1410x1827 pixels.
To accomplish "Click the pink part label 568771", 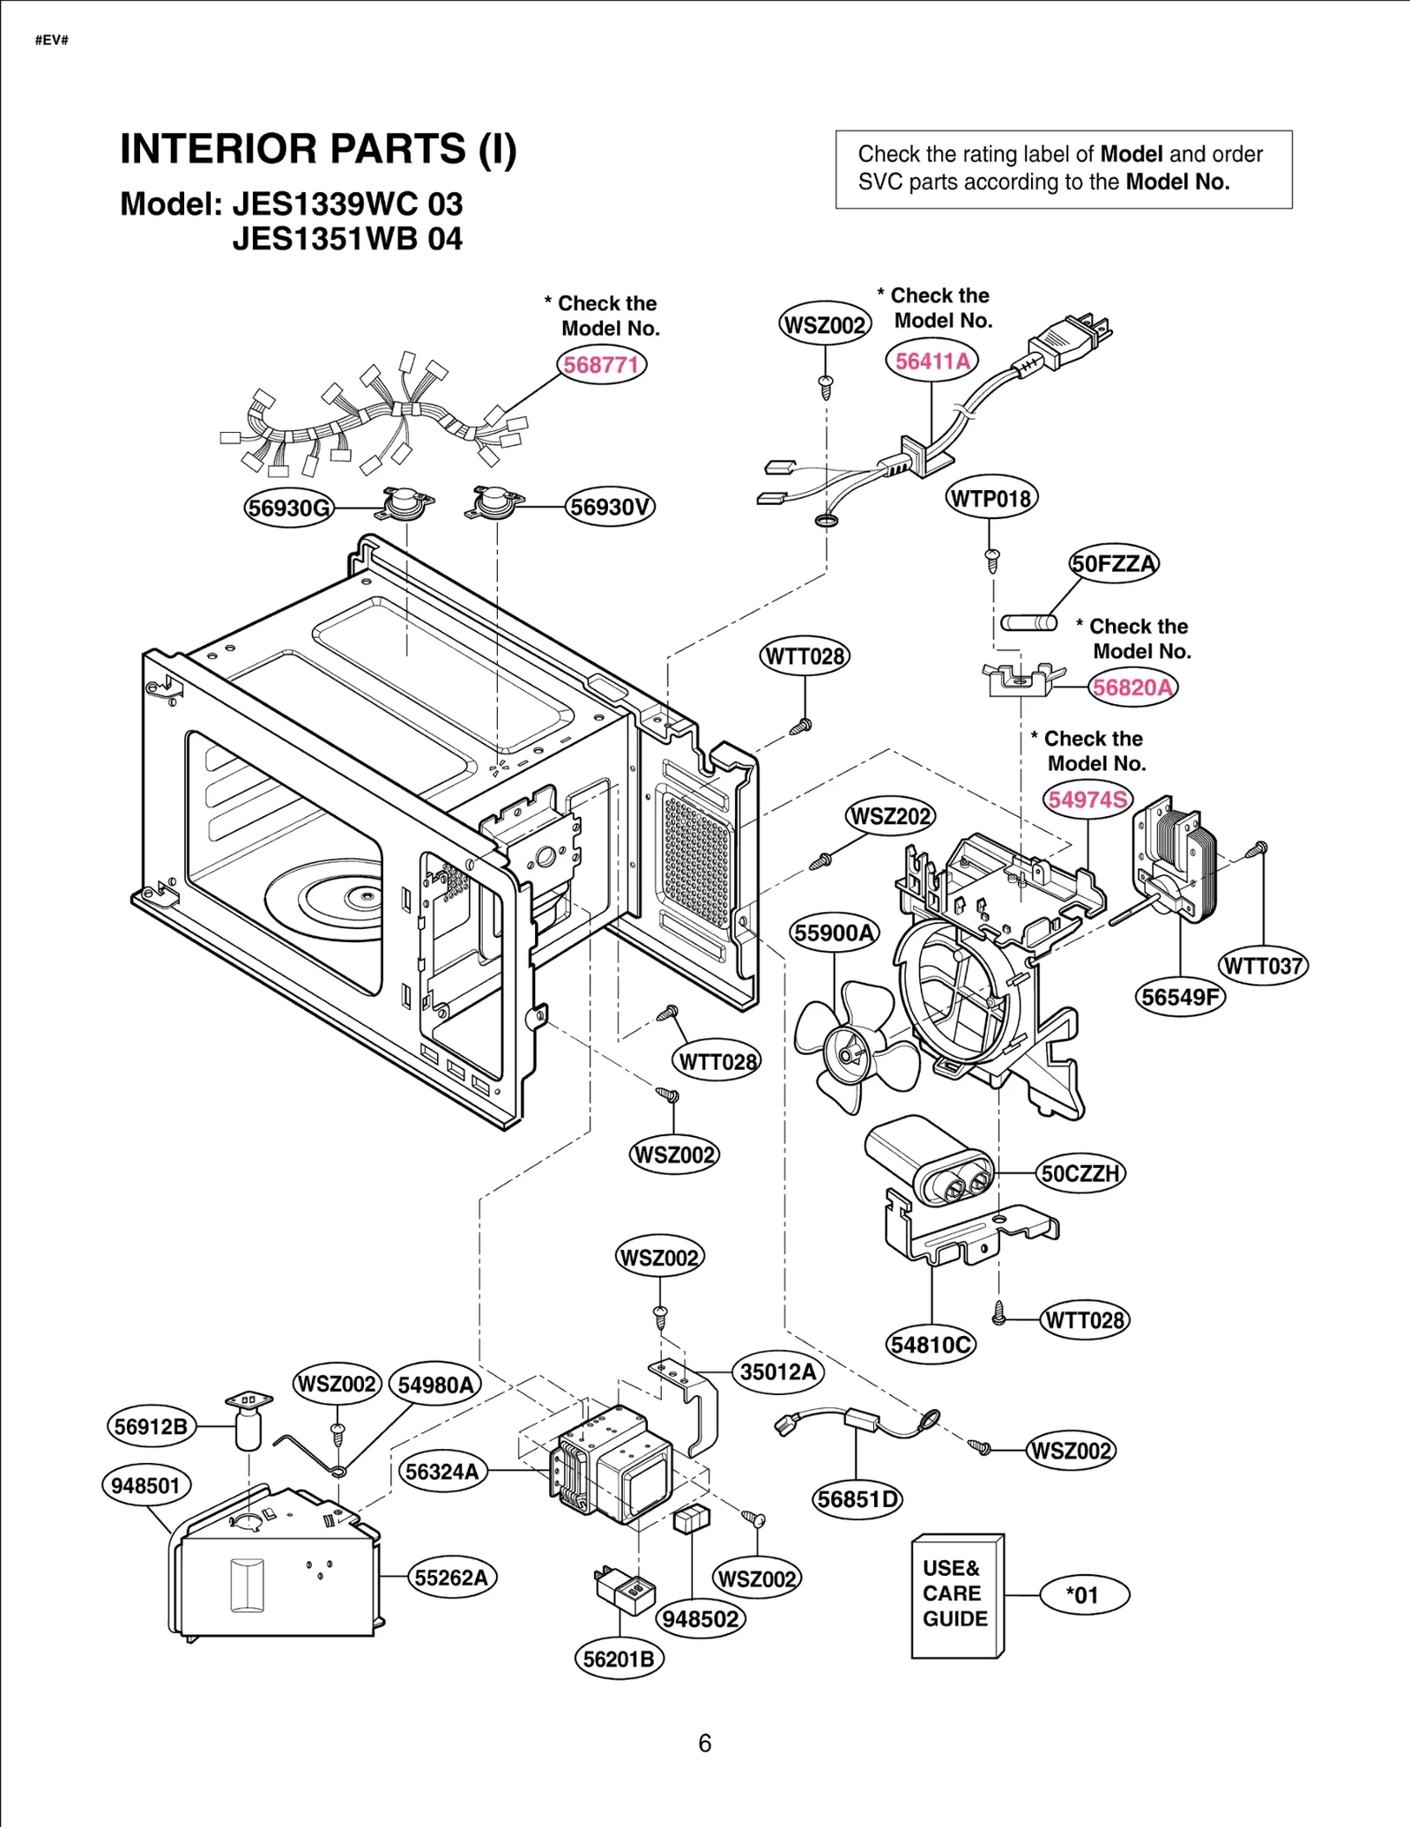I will pyautogui.click(x=601, y=365).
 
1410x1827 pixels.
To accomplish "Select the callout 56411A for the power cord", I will pyautogui.click(x=931, y=361).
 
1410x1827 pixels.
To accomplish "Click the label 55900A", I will pyautogui.click(x=834, y=932).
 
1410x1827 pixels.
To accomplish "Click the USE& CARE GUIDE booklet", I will pyautogui.click(x=956, y=1596).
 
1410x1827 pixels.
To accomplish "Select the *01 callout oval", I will pyautogui.click(x=1083, y=1595).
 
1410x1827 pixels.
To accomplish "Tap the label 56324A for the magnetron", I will pyautogui.click(x=442, y=1471).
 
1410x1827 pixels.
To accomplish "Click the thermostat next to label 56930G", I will pyautogui.click(x=403, y=505).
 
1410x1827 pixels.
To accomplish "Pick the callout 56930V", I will pyautogui.click(x=610, y=508).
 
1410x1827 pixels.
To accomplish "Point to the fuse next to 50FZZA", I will pyautogui.click(x=1028, y=622).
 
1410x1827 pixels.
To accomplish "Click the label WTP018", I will pyautogui.click(x=991, y=499).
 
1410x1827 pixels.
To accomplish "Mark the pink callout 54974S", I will pyautogui.click(x=1087, y=799).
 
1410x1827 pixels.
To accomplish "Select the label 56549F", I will pyautogui.click(x=1179, y=997).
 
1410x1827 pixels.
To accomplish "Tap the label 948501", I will pyautogui.click(x=145, y=1485).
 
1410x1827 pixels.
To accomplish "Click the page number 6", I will pyautogui.click(x=704, y=1742).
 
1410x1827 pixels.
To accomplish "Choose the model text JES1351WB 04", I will pyautogui.click(x=347, y=240).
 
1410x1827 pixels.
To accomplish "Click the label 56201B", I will pyautogui.click(x=619, y=1659).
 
